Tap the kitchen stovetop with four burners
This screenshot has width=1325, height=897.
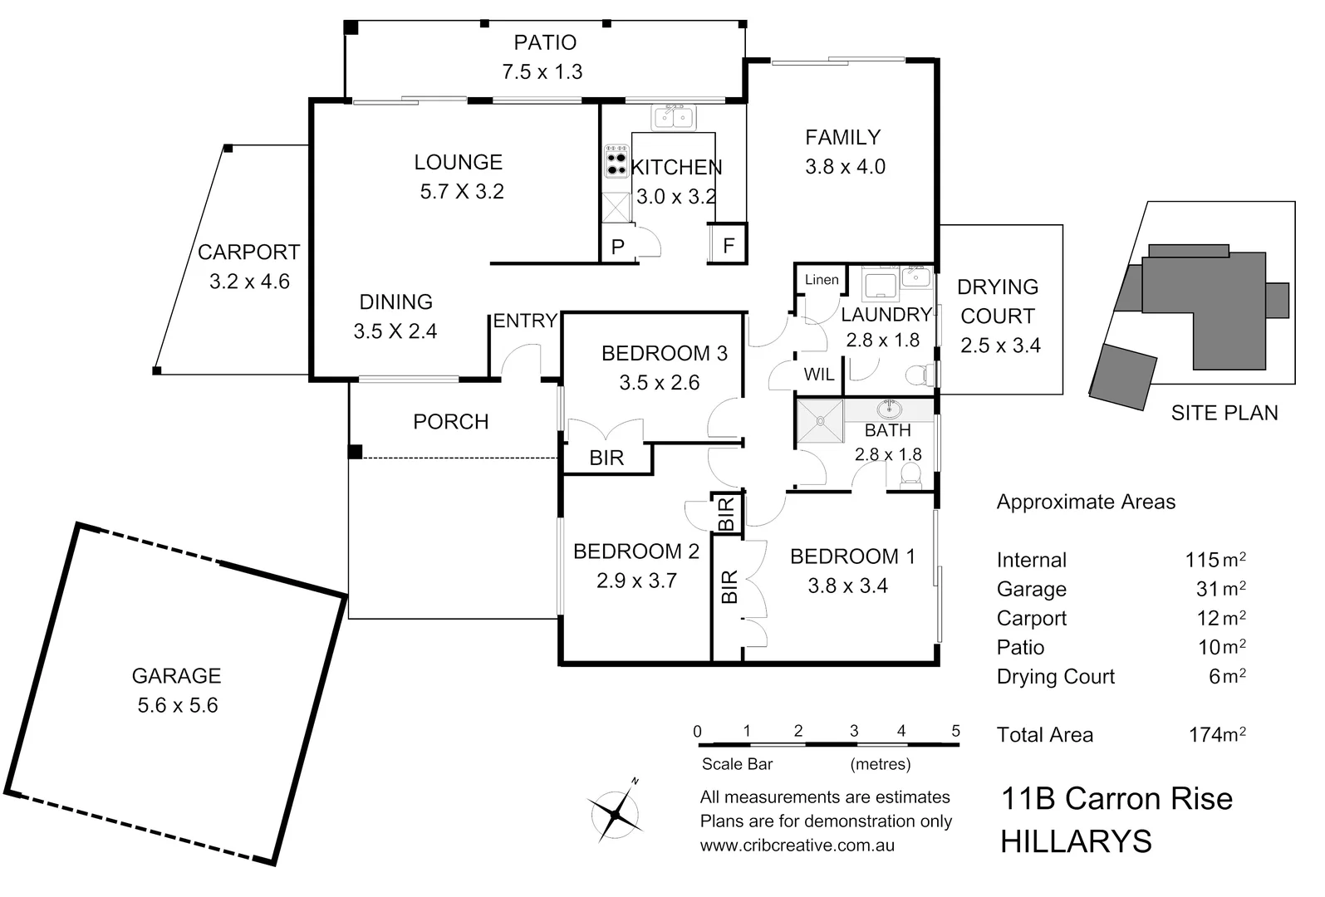tap(616, 163)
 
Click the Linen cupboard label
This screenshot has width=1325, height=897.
tap(822, 280)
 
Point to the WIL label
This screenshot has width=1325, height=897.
tap(818, 375)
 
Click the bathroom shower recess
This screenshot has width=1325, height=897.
tap(820, 421)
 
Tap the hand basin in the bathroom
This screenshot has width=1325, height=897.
tap(890, 409)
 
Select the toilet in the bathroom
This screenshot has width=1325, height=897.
tap(910, 475)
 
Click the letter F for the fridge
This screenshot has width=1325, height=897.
tap(729, 247)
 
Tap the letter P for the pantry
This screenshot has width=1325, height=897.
tap(617, 247)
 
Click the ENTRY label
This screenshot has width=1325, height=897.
tap(525, 321)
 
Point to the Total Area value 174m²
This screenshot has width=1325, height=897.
tap(1217, 734)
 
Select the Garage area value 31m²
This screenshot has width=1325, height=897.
tap(1220, 589)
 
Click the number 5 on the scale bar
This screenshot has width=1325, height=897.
tap(955, 731)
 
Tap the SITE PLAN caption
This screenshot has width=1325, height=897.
tap(1224, 413)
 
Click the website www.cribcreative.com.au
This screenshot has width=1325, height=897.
tap(797, 846)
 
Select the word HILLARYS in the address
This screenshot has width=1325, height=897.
tap(1076, 842)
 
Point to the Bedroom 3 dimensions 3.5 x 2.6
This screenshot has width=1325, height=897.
tap(659, 383)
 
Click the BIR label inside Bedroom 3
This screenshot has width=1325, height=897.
tap(606, 458)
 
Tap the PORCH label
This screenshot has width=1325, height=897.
tap(450, 422)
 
